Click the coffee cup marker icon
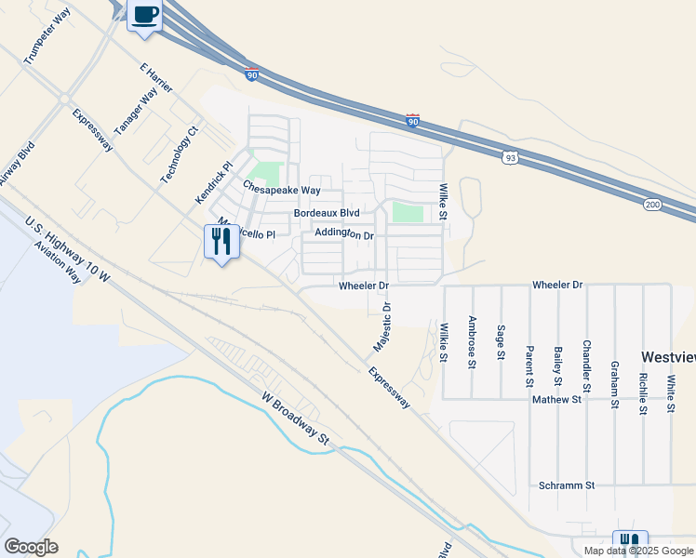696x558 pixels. pos(145,16)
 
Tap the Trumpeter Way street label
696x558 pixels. pos(48,36)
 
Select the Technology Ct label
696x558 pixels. pos(180,154)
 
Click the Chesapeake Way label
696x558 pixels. pos(282,189)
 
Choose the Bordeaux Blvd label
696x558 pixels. pos(327,213)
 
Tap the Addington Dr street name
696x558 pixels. pos(344,234)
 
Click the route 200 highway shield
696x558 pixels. pos(650,205)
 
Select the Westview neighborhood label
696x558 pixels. pos(668,357)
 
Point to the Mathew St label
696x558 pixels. pos(556,399)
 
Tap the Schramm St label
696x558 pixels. pos(567,485)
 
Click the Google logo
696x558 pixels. pos(31,547)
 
